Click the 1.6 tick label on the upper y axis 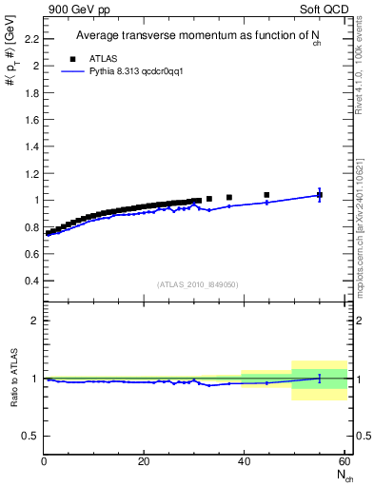pos(31,120)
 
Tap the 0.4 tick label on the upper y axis pos(31,281)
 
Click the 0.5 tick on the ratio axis pos(31,436)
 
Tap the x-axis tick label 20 pos(143,461)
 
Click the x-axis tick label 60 pos(343,461)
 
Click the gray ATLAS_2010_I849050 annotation pos(197,284)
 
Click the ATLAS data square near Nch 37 pos(229,198)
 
